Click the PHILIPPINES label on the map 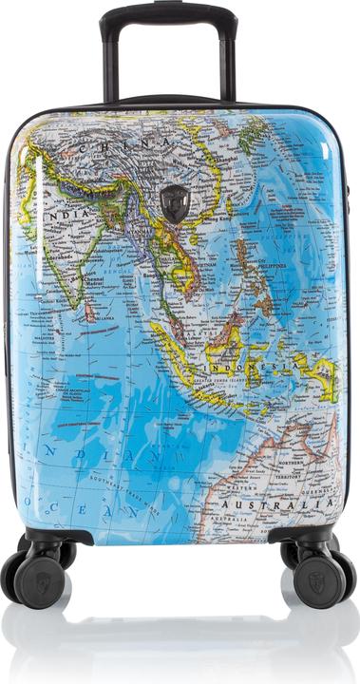269,267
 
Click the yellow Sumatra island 177,342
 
